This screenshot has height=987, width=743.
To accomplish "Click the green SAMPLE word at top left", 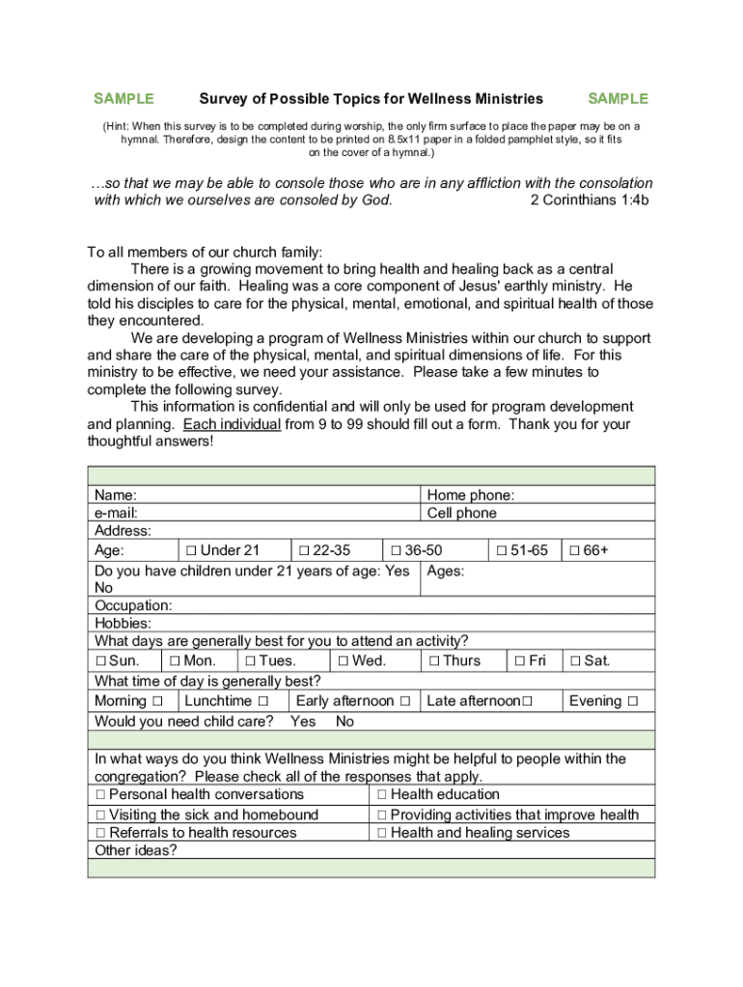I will [x=124, y=98].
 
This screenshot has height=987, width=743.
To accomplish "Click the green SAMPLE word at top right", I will [x=618, y=98].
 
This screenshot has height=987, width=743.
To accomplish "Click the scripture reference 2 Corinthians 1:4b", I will [x=590, y=200].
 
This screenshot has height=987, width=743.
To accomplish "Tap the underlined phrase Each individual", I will [x=233, y=424].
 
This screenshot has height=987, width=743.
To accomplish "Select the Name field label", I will [x=115, y=495].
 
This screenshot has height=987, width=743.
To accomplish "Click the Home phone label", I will [x=470, y=495].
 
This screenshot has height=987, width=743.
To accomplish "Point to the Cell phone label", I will [x=461, y=514].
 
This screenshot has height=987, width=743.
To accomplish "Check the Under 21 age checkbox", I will [x=191, y=550].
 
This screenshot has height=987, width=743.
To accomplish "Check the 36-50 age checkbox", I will [x=396, y=550].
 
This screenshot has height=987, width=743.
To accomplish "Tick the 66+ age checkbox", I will [x=574, y=550].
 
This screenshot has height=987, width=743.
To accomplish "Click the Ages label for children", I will [x=445, y=571].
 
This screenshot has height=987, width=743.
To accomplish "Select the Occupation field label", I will [x=133, y=605].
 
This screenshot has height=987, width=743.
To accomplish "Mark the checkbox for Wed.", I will [x=343, y=661].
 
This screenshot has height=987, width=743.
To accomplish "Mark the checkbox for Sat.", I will [x=575, y=661].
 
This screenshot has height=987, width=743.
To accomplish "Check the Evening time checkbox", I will [x=632, y=701].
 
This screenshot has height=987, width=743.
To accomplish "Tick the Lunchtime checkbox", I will [x=262, y=701].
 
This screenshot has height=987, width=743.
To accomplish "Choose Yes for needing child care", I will [x=302, y=721].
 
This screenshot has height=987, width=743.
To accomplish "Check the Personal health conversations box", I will [x=100, y=795].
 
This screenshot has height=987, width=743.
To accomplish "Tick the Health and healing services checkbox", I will [x=382, y=833].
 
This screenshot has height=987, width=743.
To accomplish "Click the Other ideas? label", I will [x=135, y=850].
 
